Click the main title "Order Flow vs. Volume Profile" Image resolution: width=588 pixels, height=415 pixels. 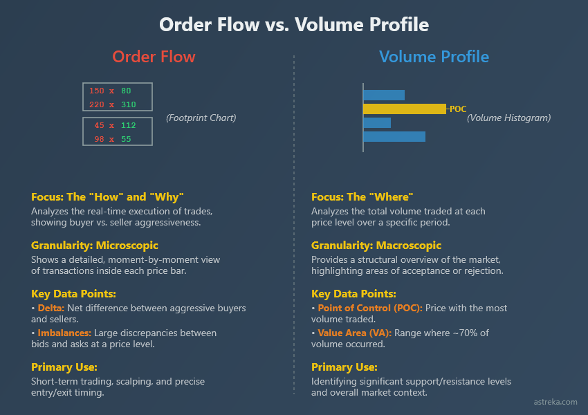tap(294, 25)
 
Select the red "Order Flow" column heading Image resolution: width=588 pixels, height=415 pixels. tap(154, 57)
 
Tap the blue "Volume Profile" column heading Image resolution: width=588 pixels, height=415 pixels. tap(434, 57)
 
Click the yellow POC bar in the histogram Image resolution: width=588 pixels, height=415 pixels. tap(405, 109)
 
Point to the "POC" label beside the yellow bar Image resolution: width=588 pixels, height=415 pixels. tap(458, 109)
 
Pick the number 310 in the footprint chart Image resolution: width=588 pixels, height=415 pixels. tap(128, 105)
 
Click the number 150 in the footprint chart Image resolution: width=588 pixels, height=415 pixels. tap(96, 91)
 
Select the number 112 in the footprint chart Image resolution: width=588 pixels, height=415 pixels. tap(128, 125)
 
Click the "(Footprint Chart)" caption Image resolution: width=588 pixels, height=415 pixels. tap(201, 118)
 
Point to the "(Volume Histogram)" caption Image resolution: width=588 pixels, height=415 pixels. tap(508, 118)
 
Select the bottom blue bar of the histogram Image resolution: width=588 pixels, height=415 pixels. tap(394, 136)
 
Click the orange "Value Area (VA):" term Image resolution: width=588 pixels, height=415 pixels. tap(354, 333)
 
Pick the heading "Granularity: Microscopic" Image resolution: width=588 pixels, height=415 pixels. tap(95, 246)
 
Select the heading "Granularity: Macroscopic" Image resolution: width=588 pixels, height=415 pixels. tap(376, 246)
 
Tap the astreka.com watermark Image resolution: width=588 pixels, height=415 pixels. tap(555, 402)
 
